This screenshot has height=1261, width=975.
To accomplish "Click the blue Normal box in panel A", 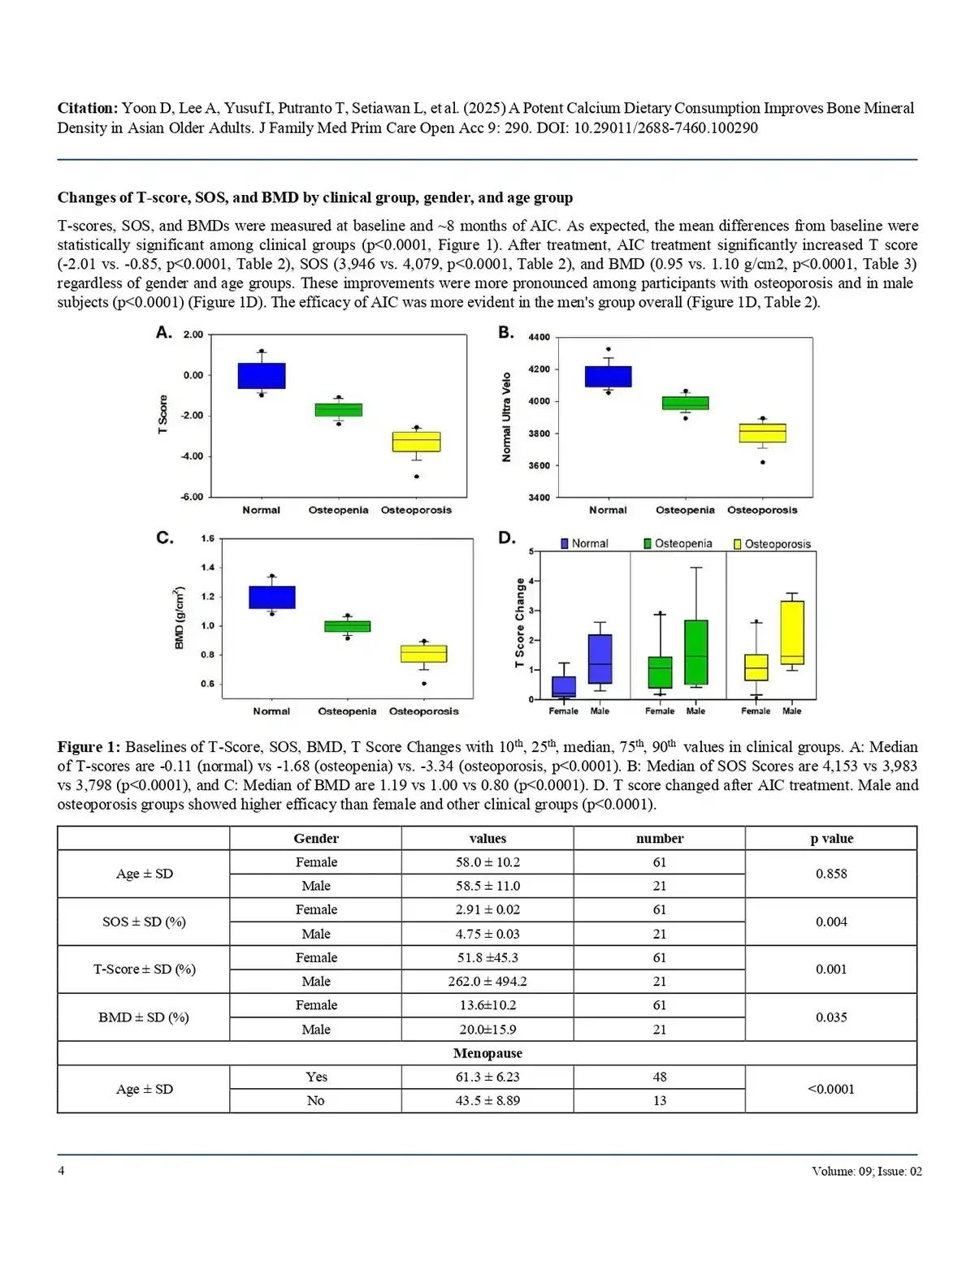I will point(262,376).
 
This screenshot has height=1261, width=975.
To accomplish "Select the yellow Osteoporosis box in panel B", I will point(762,433).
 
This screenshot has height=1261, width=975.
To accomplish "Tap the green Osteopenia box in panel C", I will point(347,626).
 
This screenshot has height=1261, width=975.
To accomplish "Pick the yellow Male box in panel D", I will point(791,633).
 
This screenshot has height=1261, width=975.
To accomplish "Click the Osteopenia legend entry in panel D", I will point(678,544).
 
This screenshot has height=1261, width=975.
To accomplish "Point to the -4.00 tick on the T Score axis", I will point(193,456).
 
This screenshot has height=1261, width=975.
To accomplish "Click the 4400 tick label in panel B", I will point(539,338).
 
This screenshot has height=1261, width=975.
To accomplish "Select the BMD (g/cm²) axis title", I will point(180,617).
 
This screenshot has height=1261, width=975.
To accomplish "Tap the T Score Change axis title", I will point(520,623).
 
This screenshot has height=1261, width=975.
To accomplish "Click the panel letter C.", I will point(164,538).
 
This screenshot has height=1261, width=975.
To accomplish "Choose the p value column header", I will point(831,839).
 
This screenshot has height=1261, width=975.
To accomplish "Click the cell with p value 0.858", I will point(831,874).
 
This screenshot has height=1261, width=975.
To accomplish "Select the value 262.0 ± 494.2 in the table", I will point(487,982).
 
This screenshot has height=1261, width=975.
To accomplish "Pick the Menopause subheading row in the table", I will point(487,1053).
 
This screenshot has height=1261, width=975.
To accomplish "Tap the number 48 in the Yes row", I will point(660,1077).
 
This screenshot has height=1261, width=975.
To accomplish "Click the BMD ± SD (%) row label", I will point(144,1017).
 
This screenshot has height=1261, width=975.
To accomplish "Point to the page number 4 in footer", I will point(61,1171).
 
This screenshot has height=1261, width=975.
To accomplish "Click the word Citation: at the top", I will point(88,108).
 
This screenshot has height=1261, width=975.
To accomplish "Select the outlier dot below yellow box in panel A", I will point(417,477).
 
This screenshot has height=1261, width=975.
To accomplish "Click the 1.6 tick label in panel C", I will point(208,538).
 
